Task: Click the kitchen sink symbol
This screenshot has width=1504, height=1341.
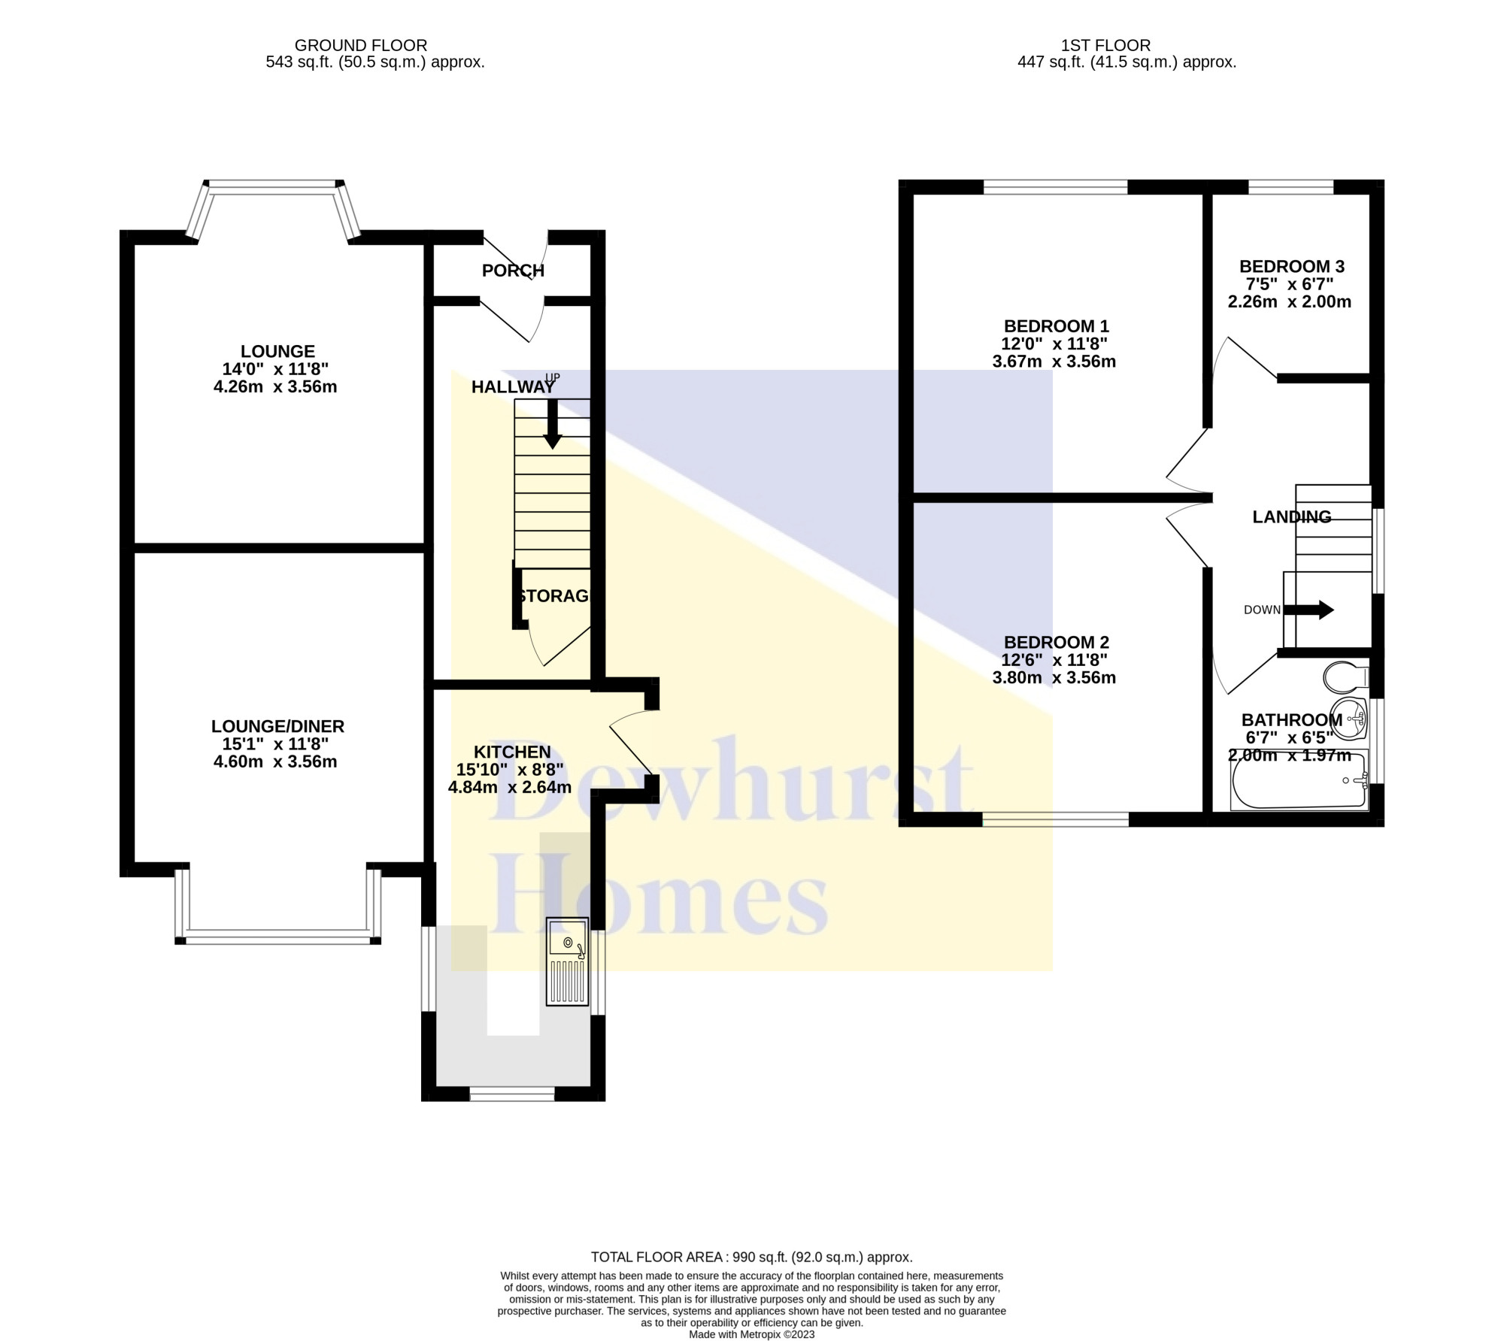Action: [567, 961]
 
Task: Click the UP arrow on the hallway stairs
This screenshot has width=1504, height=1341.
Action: [553, 425]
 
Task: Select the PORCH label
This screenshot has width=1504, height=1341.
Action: [513, 271]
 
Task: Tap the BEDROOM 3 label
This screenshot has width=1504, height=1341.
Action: [1291, 266]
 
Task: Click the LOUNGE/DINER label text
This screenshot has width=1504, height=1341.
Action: [277, 726]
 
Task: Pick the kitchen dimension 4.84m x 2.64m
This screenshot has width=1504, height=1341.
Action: [510, 788]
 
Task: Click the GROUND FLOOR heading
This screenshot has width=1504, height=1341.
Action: [361, 46]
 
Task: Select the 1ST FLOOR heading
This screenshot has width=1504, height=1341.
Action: [1106, 46]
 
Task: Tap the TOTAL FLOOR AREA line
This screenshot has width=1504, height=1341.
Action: [751, 1257]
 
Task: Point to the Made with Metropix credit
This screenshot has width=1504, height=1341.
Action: [751, 1334]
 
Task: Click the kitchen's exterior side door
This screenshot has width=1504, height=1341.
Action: [630, 752]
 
